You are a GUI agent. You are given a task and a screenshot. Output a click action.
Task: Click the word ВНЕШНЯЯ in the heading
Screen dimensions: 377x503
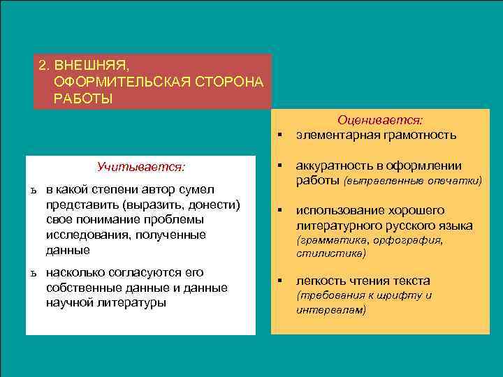pyautogui.click(x=92, y=65)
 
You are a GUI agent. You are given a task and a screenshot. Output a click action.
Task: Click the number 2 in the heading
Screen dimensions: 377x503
pyautogui.click(x=42, y=65)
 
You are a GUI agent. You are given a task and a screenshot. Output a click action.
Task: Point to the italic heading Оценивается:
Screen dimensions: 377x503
pyautogui.click(x=384, y=121)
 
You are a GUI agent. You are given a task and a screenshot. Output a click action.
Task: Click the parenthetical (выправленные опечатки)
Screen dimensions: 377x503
pyautogui.click(x=413, y=181)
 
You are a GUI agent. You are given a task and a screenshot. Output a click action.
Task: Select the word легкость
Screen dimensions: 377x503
pyautogui.click(x=319, y=281)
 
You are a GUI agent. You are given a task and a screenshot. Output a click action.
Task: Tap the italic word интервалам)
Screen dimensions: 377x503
pyautogui.click(x=331, y=309)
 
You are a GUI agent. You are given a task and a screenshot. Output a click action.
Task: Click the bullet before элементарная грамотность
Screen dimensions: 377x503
pyautogui.click(x=279, y=135)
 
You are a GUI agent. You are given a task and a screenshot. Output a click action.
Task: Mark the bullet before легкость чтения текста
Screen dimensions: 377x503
pyautogui.click(x=279, y=281)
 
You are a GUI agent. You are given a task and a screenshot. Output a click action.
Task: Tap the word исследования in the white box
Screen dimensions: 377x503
pyautogui.click(x=84, y=235)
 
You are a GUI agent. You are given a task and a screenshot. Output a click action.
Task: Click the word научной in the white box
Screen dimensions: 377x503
pyautogui.click(x=68, y=302)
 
